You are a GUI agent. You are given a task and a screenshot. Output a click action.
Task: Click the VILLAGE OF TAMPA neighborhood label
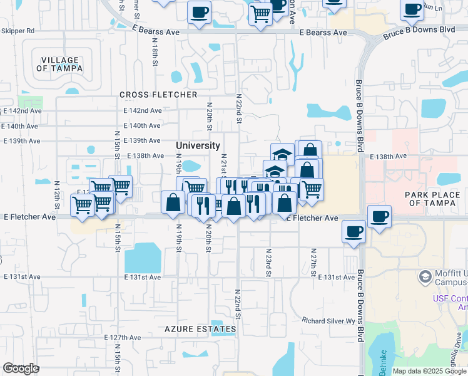[61, 64]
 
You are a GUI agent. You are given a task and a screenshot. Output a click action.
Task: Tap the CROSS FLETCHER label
[158, 95]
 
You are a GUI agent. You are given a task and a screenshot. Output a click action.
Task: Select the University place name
[198, 145]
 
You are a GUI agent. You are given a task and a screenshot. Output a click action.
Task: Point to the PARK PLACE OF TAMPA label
[432, 199]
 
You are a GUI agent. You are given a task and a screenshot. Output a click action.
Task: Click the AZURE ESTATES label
[200, 328]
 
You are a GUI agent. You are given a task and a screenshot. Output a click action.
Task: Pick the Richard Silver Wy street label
[328, 320]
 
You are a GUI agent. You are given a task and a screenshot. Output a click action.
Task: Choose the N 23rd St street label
[268, 262]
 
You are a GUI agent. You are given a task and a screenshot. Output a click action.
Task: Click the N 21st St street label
[223, 164]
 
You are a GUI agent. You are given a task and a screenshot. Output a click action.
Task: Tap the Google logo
[21, 368]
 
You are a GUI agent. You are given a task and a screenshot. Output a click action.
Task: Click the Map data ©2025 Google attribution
[429, 371]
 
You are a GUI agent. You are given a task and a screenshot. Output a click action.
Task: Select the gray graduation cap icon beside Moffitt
[425, 276]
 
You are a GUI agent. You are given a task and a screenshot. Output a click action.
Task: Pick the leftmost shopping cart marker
[83, 205]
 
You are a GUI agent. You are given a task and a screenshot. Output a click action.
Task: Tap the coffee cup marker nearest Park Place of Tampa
[379, 216]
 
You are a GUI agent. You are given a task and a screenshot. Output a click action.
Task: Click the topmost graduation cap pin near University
[282, 154]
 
